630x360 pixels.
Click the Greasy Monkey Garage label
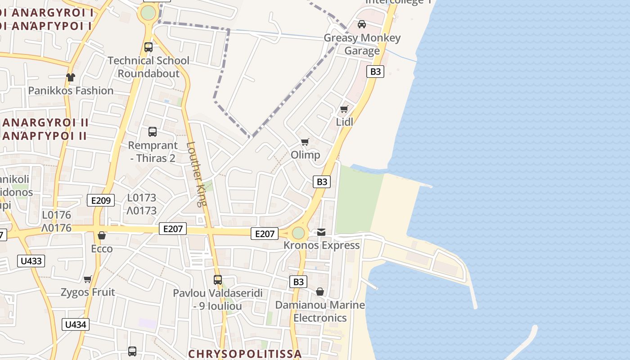362,44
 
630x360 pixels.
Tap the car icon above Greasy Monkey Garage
361,24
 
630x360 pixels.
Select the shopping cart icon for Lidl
344,109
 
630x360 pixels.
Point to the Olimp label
306,155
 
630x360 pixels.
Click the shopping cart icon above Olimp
305,142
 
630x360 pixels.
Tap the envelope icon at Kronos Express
321,232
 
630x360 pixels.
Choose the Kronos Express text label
322,245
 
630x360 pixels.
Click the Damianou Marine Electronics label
320,311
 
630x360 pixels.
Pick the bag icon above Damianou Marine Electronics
320,292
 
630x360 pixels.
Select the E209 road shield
101,200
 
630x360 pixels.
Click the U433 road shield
31,261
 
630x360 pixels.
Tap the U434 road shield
76,324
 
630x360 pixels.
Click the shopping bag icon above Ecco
102,235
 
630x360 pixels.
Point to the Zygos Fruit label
88,292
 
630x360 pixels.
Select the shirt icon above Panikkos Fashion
71,77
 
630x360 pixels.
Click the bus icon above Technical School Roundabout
148,47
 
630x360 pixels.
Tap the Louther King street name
196,174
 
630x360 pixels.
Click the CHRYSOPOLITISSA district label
245,354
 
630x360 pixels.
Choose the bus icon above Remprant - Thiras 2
153,132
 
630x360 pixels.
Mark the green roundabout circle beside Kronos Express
298,233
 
